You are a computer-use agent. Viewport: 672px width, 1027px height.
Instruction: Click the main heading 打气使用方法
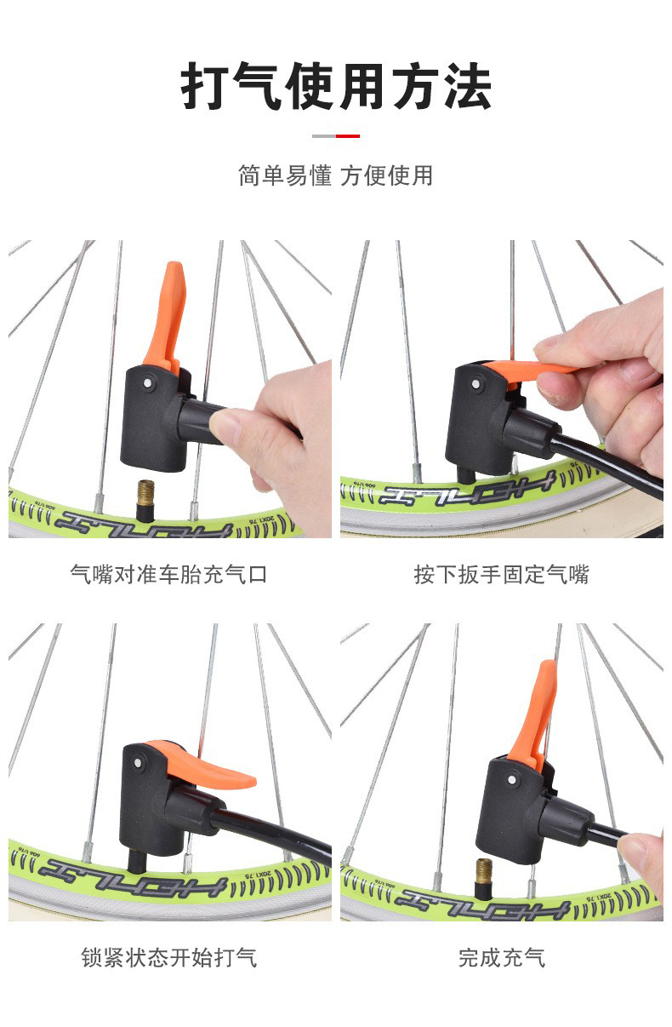(x=336, y=87)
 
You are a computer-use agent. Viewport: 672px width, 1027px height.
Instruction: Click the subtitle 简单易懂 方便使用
(x=336, y=175)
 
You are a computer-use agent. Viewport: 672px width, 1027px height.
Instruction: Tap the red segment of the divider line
(x=348, y=135)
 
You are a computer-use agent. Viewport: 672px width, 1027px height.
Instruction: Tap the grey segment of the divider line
(x=324, y=135)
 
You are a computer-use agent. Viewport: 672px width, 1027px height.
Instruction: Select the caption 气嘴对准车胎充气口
(x=168, y=574)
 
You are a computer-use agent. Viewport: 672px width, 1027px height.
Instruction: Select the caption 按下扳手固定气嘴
(x=501, y=574)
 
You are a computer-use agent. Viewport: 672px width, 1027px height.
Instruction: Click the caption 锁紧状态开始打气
(x=168, y=957)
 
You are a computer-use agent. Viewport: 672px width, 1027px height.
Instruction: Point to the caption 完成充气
(x=501, y=957)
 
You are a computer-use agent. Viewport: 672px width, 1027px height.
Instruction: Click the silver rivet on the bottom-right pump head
(x=513, y=777)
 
